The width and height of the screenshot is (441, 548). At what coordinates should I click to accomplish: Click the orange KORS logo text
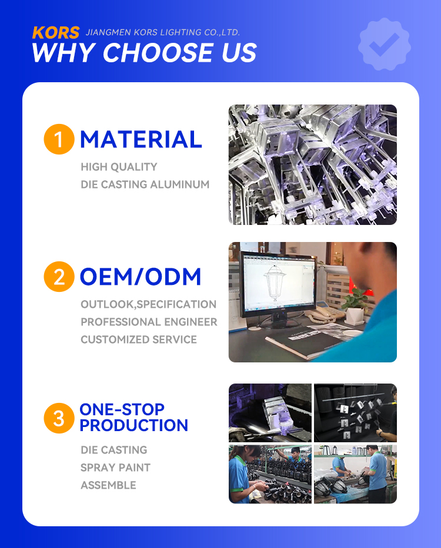(x=56, y=33)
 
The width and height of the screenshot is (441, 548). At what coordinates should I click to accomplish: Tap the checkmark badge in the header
(x=385, y=44)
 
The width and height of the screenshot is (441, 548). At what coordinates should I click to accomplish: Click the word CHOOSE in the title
(x=158, y=53)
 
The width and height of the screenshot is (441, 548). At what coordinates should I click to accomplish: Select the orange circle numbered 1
(x=59, y=139)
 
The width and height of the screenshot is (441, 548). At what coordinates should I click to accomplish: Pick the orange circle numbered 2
(x=59, y=277)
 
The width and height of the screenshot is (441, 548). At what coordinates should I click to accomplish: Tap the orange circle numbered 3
(x=59, y=418)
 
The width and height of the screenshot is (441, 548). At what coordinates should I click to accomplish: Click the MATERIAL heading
(x=141, y=139)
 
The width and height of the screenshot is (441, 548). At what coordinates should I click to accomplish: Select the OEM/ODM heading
(x=141, y=277)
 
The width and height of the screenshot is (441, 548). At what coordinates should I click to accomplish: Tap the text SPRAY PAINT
(x=115, y=468)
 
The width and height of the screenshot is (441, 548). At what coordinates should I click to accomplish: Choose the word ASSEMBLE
(x=108, y=485)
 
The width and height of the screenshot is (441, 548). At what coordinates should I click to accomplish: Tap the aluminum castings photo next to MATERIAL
(x=313, y=164)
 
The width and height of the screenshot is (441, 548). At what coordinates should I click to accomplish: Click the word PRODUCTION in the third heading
(x=133, y=425)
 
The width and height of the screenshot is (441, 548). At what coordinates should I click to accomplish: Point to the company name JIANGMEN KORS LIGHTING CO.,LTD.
(x=163, y=32)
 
